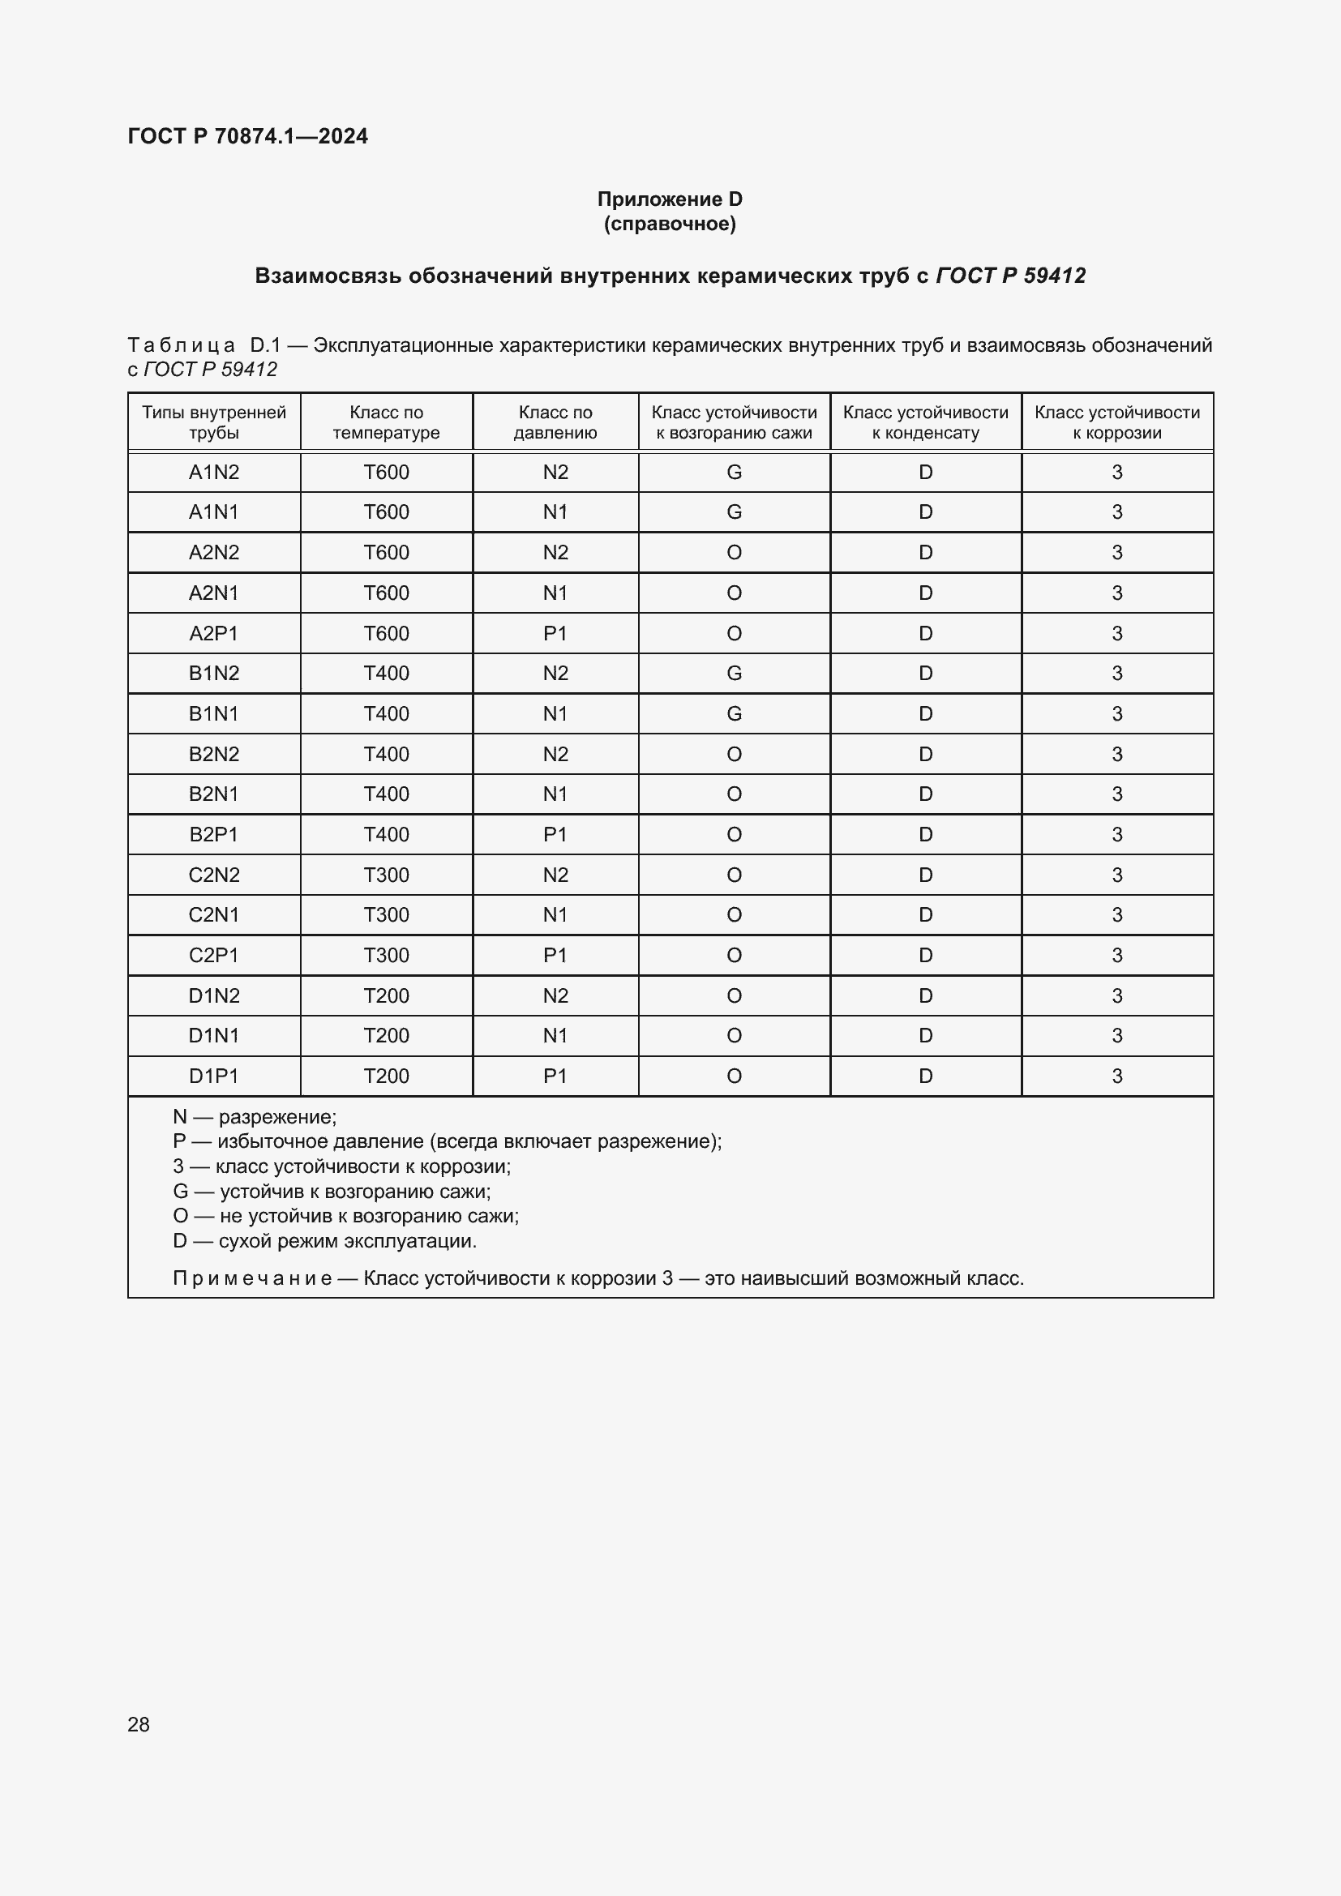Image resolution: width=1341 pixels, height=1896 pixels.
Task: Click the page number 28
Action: (x=139, y=1724)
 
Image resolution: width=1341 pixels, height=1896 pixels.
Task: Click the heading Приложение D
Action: (x=670, y=199)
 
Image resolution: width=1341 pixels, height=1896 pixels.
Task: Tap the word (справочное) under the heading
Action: (x=670, y=224)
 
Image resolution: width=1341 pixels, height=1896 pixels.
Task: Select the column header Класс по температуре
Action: (x=386, y=422)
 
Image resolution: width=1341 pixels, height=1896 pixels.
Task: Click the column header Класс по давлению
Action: (x=555, y=422)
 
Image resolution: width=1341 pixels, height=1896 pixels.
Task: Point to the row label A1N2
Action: (x=214, y=473)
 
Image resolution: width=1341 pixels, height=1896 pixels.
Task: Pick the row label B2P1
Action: (x=214, y=835)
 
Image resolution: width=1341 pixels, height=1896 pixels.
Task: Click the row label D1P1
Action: (x=214, y=1076)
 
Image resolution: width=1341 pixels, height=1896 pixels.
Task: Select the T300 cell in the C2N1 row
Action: (x=386, y=915)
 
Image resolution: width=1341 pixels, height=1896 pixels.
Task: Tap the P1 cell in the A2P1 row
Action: (x=555, y=633)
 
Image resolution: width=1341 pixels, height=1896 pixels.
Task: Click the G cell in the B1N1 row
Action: (x=733, y=713)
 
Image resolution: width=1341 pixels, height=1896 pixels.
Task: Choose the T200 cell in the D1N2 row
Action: (x=386, y=996)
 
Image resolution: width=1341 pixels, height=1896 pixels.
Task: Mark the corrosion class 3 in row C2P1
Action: (x=1116, y=956)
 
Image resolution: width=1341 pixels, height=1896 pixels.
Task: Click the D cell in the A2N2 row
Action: (x=925, y=553)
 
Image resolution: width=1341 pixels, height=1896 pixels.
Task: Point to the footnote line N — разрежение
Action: (x=255, y=1117)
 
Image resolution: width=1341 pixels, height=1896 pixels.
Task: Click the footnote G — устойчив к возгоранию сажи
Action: (x=331, y=1192)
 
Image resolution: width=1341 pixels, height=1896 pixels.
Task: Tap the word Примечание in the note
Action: (x=252, y=1278)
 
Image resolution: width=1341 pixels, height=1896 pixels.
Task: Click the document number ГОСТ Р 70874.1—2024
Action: (x=248, y=136)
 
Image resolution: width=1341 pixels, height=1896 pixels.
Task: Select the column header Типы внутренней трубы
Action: (x=214, y=422)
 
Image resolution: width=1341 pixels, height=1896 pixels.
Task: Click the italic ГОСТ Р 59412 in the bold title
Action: (x=1010, y=276)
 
